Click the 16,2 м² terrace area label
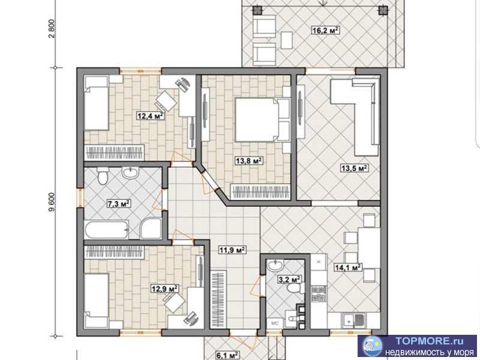tap(325, 31)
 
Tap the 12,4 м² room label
tap(150, 116)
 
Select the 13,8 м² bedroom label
tap(248, 160)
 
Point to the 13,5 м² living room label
tap(355, 168)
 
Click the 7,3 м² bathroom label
tap(119, 203)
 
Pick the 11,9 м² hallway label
tap(232, 250)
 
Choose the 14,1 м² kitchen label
tap(348, 267)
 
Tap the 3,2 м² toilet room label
tap(289, 279)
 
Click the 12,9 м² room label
tap(165, 289)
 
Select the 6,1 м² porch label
tap(227, 355)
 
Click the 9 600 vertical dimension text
tap(52, 202)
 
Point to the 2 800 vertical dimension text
tap(52, 28)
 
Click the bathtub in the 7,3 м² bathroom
tap(107, 230)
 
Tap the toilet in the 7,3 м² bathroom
tap(102, 176)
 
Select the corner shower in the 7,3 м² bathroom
tap(151, 229)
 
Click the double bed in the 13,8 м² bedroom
tap(262, 119)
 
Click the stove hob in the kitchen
tap(319, 294)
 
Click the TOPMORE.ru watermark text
tap(429, 341)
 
